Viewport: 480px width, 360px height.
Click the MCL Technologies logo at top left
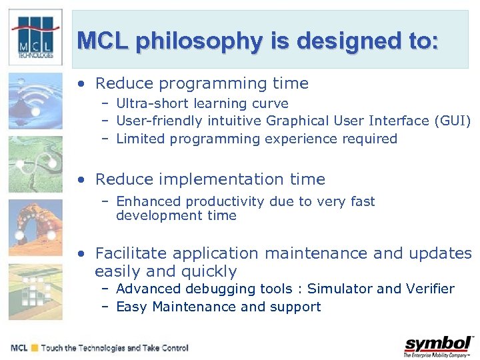click(35, 37)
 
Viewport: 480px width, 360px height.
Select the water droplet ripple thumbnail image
click(35, 100)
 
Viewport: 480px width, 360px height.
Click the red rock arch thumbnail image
click(35, 227)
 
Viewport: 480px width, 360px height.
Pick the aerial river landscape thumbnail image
click(35, 164)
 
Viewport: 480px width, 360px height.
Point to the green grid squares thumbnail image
click(35, 291)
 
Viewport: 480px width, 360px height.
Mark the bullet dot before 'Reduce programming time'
click(81, 85)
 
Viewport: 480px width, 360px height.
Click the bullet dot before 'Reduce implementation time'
click(81, 180)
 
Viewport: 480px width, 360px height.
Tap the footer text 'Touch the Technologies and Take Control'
click(115, 348)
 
